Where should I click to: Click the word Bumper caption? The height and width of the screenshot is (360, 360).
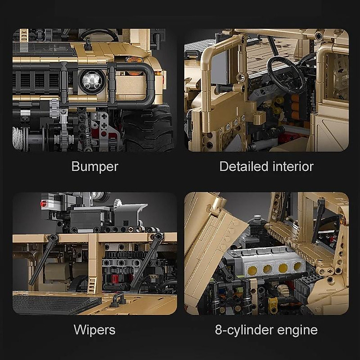point(95,167)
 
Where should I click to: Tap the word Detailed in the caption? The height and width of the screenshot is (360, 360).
point(244,166)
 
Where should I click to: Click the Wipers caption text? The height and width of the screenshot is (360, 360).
point(95,330)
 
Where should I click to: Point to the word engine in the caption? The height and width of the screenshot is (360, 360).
point(297,330)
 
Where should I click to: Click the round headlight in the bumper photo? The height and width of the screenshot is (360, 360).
point(92,81)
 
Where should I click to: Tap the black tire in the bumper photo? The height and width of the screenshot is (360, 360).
point(148,130)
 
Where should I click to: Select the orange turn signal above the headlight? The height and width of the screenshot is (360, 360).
point(134,60)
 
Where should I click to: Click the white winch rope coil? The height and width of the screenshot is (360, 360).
point(18,138)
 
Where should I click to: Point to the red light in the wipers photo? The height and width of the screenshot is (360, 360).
point(43,204)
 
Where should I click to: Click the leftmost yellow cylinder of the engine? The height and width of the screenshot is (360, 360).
point(252,270)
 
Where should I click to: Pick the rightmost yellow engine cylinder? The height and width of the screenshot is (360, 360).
point(298,266)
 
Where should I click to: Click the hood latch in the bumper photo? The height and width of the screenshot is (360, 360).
point(88,45)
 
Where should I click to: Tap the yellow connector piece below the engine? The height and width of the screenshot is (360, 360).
point(273,304)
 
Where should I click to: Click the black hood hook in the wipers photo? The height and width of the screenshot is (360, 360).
point(118,300)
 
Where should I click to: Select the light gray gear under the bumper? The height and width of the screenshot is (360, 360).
point(54,109)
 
